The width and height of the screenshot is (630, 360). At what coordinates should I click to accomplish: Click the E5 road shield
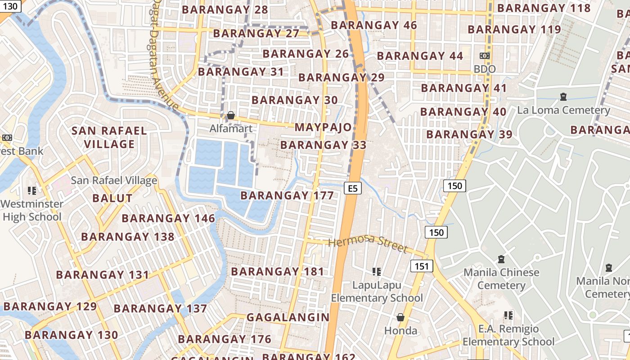pyautogui.click(x=353, y=188)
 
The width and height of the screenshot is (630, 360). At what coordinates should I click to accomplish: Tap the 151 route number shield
pyautogui.click(x=422, y=266)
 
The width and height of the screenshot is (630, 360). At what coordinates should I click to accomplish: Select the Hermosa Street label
pyautogui.click(x=368, y=245)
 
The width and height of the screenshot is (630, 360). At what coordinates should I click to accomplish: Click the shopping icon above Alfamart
pyautogui.click(x=231, y=116)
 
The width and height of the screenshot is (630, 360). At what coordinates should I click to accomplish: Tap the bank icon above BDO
pyautogui.click(x=485, y=56)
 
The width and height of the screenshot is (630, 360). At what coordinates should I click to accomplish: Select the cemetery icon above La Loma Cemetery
pyautogui.click(x=563, y=97)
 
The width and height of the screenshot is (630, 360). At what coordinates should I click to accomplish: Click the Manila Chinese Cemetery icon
pyautogui.click(x=501, y=259)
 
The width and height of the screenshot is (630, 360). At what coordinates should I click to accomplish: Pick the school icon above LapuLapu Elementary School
pyautogui.click(x=377, y=271)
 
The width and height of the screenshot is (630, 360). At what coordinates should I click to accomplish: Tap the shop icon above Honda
pyautogui.click(x=400, y=318)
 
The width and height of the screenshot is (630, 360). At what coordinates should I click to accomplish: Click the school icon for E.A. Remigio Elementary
pyautogui.click(x=508, y=315)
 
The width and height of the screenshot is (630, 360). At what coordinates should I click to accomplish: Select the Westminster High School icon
pyautogui.click(x=31, y=191)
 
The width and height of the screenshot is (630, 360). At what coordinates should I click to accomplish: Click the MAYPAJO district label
pyautogui.click(x=323, y=127)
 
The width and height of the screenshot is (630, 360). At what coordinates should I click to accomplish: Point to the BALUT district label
pyautogui.click(x=112, y=198)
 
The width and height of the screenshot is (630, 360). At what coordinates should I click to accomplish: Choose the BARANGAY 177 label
pyautogui.click(x=287, y=196)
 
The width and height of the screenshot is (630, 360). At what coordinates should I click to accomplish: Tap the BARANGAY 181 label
pyautogui.click(x=278, y=272)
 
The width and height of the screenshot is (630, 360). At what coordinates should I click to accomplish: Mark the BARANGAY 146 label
pyautogui.click(x=168, y=219)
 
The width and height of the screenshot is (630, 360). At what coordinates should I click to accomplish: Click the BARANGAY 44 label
pyautogui.click(x=420, y=56)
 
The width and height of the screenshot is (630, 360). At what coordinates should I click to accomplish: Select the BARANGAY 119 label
pyautogui.click(x=514, y=30)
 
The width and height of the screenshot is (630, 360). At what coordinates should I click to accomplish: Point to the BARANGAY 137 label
pyautogui.click(x=160, y=309)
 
